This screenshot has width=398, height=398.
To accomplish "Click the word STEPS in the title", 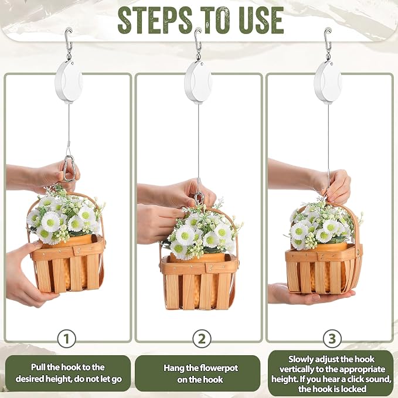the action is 155,21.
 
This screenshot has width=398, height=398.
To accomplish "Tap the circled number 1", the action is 66,339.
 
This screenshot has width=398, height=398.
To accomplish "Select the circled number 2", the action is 202,339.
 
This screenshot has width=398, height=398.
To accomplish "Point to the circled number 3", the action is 332,339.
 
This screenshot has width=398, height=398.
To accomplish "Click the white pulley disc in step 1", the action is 69,82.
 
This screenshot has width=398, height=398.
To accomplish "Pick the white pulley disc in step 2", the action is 198,82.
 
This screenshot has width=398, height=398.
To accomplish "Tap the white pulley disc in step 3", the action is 328,82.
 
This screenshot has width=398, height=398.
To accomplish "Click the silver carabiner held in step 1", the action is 70,169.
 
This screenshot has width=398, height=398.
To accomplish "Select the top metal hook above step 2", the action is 198,40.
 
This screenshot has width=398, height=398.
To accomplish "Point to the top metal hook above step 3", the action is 328,40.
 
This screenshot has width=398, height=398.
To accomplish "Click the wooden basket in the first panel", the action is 67,256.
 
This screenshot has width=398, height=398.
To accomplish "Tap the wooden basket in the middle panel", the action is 199,274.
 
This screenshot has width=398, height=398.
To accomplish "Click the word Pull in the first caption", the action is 38,368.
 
